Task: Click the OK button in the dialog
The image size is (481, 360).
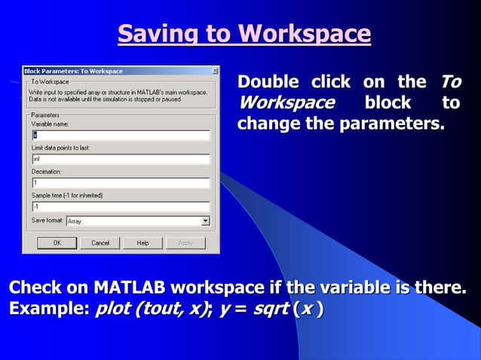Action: (57, 243)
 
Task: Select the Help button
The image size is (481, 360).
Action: (142, 243)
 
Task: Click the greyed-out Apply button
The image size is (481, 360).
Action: (185, 243)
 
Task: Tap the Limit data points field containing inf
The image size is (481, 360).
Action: (121, 160)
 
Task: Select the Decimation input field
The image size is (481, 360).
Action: (121, 183)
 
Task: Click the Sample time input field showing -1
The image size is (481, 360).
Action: (121, 206)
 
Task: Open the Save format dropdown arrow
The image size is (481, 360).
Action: (205, 221)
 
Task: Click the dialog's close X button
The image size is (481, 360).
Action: (215, 71)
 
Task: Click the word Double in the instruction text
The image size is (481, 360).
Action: (268, 82)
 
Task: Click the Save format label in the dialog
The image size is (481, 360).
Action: (47, 221)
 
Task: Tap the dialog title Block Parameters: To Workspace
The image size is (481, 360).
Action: (73, 71)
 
